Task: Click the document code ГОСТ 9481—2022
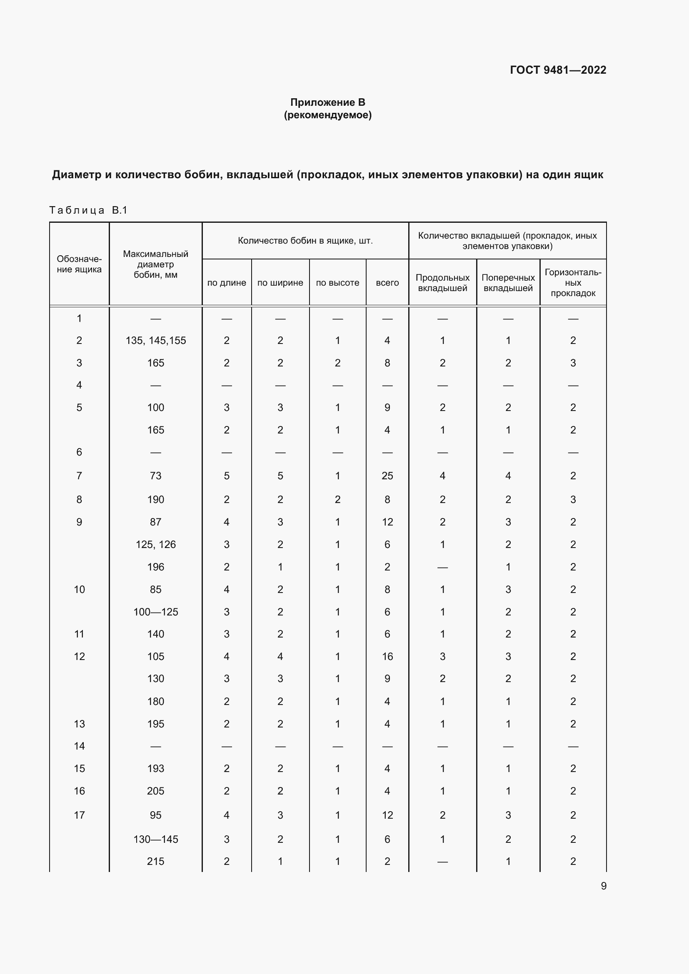click(x=558, y=70)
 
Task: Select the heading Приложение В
click(x=327, y=102)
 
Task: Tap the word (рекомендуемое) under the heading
click(x=327, y=115)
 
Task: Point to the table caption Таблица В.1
click(x=88, y=210)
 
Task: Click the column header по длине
click(x=227, y=282)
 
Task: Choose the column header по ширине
click(x=280, y=282)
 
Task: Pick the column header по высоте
click(x=337, y=282)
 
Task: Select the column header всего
click(x=387, y=282)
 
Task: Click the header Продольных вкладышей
click(x=442, y=283)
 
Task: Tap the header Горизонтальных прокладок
click(x=573, y=282)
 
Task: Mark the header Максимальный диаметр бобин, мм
click(x=155, y=264)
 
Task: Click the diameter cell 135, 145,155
click(x=156, y=341)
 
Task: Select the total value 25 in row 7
click(x=387, y=476)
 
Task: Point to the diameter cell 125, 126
click(x=156, y=545)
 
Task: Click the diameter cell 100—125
click(x=156, y=612)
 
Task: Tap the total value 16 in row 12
click(x=387, y=657)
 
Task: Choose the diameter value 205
click(x=156, y=791)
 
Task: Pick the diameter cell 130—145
click(x=156, y=839)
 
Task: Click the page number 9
click(x=603, y=886)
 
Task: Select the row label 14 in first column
click(x=79, y=746)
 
